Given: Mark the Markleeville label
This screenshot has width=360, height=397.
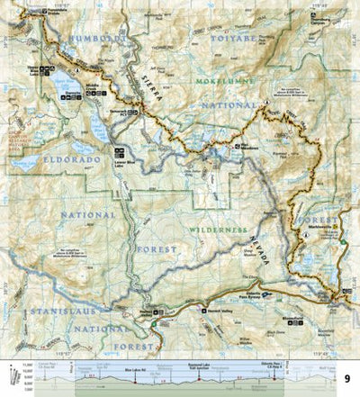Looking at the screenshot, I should [341, 235].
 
